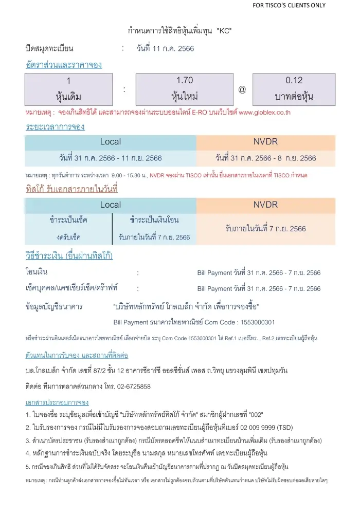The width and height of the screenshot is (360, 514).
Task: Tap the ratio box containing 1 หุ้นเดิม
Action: pos(68,88)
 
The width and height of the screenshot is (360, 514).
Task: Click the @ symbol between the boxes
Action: pos(242,89)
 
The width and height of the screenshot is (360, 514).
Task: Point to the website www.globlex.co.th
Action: pos(265,112)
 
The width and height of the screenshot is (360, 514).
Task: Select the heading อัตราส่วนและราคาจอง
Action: pos(64,65)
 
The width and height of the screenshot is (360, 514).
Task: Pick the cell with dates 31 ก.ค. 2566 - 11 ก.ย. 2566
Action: pos(111,158)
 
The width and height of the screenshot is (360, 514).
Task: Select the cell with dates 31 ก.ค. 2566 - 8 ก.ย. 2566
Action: pos(266,158)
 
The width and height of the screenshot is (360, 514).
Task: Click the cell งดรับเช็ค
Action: pos(68,237)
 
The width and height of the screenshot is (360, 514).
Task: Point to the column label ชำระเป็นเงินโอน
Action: pos(154,220)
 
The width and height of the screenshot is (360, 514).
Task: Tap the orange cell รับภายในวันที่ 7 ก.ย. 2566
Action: pos(266,228)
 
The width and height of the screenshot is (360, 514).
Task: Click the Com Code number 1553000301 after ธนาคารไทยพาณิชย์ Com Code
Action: pos(257,322)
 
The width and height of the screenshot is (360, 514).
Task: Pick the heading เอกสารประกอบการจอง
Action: pos(57,401)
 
